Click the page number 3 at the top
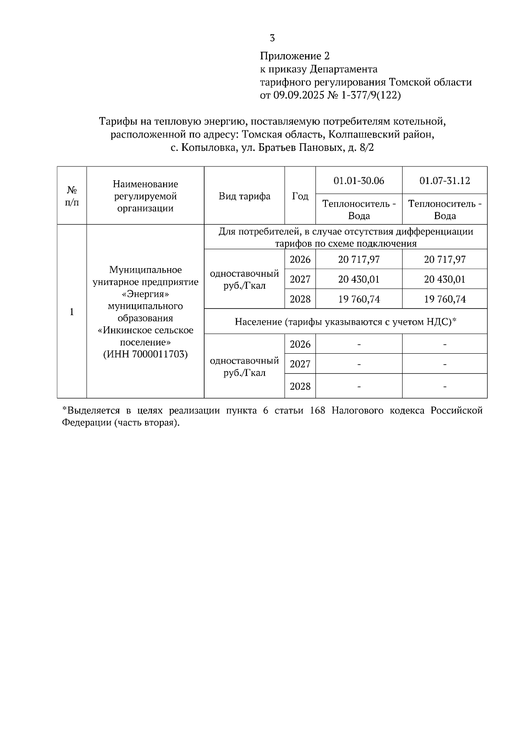pos(272,38)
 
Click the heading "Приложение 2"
pos(295,56)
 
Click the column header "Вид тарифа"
pos(244,196)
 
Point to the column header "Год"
pos(300,196)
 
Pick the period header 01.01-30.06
pos(359,181)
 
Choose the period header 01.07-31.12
pos(445,181)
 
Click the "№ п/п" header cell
pos(72,196)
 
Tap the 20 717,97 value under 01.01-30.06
pos(359,260)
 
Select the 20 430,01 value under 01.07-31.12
pos(445,280)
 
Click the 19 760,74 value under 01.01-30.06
pos(359,300)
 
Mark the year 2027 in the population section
pos(300,364)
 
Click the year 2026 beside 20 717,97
pos(300,260)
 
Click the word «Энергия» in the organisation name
pos(145,294)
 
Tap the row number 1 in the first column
pos(72,312)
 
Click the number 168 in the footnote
pos(318,411)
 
